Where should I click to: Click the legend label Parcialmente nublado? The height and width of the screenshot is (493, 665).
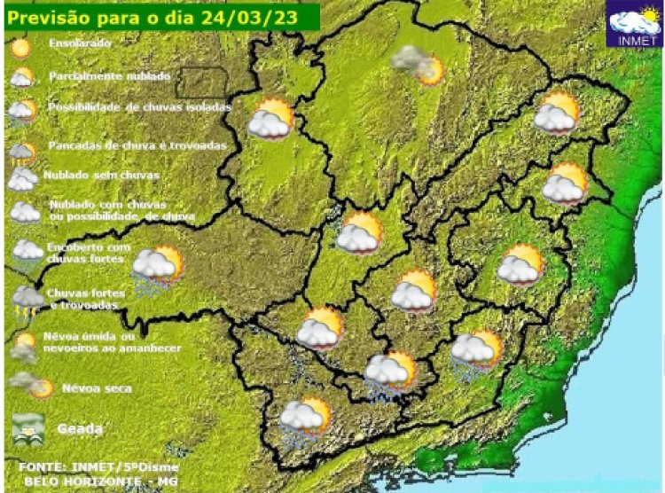pos(109,76)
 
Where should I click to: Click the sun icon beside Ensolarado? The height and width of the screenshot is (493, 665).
pos(20,44)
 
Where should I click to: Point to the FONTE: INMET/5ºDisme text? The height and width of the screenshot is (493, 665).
pos(98,466)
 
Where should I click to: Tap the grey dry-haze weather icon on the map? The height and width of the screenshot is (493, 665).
pos(418,64)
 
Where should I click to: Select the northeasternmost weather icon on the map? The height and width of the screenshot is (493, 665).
pos(557,113)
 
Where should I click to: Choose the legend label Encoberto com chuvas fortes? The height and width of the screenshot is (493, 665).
pos(89,253)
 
